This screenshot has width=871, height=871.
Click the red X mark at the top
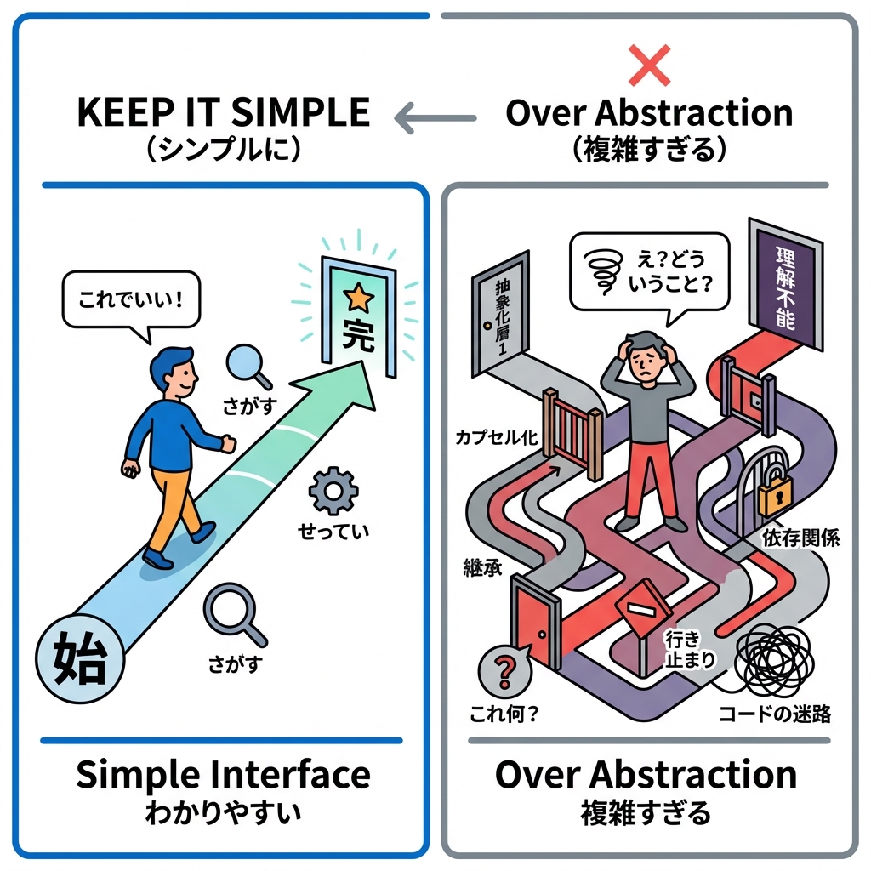pos(649,65)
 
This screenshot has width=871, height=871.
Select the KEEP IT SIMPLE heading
pos(224,113)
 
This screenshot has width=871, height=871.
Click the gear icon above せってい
pos(329,492)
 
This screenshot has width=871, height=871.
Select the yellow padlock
pos(775,493)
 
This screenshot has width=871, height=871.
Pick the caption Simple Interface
pos(223,775)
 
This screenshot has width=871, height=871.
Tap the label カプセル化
pos(496,438)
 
